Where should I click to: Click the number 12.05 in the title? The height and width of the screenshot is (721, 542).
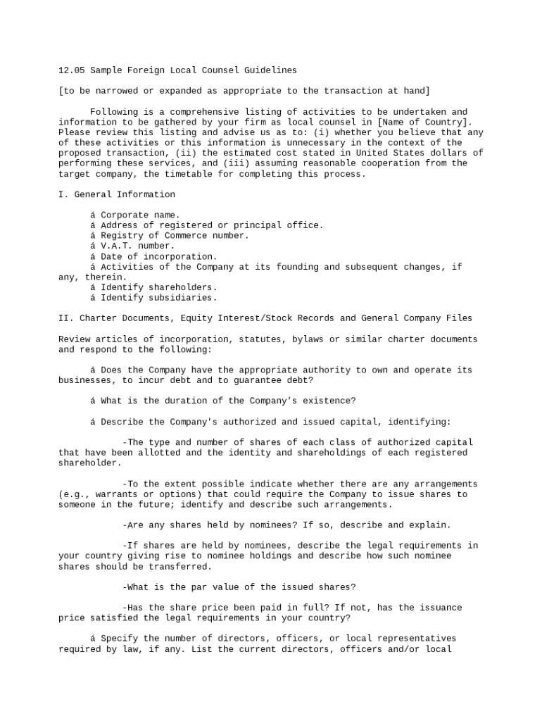71,70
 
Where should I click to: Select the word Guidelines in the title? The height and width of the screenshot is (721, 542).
270,70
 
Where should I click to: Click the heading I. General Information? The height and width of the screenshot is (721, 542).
117,194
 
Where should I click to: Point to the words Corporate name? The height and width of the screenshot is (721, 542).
140,215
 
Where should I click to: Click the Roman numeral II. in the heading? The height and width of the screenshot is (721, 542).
66,318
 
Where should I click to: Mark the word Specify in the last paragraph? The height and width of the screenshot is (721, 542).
119,639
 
